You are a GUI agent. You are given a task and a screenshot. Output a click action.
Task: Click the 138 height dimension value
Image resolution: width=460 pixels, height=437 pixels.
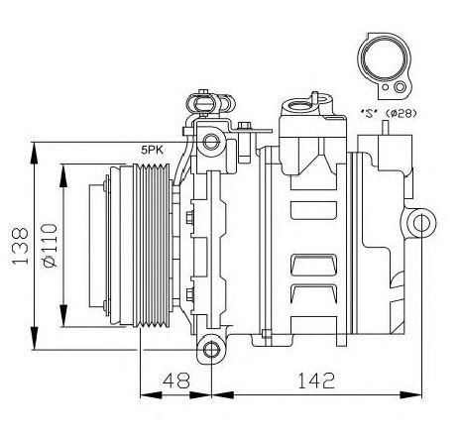21,245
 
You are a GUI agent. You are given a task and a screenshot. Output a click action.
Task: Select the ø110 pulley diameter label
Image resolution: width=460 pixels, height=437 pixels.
50,245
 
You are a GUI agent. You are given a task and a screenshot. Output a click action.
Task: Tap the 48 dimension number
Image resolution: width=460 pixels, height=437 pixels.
176,381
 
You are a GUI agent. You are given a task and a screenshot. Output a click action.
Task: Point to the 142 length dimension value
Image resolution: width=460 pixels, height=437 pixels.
316,381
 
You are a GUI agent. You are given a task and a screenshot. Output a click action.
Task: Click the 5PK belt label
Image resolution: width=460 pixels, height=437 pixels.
152,151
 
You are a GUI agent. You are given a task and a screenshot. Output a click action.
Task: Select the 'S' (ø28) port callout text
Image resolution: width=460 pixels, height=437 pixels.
388,113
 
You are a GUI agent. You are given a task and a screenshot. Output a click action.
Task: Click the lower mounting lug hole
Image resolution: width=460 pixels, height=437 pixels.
210,350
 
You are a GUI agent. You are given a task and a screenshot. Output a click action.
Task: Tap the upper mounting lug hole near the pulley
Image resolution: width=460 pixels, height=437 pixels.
210,142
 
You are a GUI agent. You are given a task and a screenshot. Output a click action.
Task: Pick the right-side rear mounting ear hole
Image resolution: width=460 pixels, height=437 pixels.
422,223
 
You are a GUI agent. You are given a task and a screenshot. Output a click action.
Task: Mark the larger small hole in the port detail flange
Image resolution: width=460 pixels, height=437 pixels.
401,87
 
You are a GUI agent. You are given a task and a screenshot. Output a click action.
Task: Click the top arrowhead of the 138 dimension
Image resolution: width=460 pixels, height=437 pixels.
34,153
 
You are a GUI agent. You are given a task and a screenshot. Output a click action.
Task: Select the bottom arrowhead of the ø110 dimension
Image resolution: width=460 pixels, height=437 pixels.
63,316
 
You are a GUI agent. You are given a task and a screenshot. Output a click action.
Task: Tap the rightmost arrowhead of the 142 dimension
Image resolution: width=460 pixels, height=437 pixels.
411,394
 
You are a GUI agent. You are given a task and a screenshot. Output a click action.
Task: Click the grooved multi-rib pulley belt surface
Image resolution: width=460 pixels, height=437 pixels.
152,246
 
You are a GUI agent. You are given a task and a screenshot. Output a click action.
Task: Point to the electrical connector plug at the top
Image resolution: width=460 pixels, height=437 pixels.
202,103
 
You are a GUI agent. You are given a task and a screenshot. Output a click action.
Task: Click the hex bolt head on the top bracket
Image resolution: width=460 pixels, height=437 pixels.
244,126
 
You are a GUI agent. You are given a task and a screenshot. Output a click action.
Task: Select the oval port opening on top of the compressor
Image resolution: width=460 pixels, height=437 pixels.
300,106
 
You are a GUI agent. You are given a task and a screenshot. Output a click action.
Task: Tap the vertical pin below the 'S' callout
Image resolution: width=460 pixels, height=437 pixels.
385,128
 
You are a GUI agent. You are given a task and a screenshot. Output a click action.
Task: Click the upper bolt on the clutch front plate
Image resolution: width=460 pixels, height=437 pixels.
106,184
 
